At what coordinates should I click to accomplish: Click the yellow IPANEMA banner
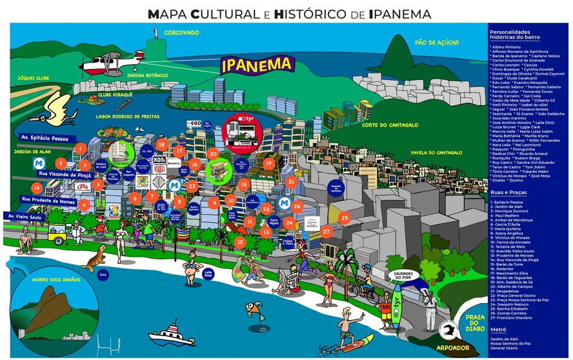point(257,65)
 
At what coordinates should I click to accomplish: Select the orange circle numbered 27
point(327,231)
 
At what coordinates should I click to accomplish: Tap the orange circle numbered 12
point(240,242)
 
